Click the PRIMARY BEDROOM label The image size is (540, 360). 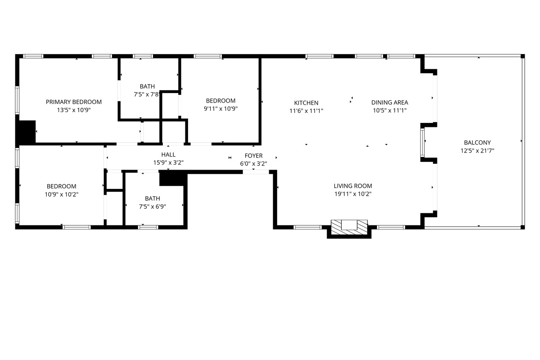(74, 102)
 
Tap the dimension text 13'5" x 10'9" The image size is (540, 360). (74, 110)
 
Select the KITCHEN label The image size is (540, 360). (306, 103)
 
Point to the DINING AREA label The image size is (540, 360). (390, 103)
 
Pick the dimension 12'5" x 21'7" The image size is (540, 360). (477, 151)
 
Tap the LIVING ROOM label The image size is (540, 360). (353, 186)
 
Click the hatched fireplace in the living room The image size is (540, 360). (349, 225)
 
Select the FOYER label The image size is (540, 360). (253, 156)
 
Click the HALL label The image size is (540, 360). (168, 155)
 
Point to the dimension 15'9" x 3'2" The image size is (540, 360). (168, 163)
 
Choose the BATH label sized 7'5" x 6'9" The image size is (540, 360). (152, 198)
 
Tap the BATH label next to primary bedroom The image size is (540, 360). (147, 86)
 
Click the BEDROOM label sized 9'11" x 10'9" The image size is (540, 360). (220, 101)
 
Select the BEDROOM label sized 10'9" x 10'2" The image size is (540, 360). (61, 186)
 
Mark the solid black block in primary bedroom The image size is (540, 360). (26, 131)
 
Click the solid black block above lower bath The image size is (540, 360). (172, 178)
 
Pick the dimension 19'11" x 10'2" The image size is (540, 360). (353, 194)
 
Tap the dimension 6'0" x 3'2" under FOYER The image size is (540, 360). (253, 164)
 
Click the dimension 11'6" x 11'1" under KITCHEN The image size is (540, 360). (306, 110)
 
